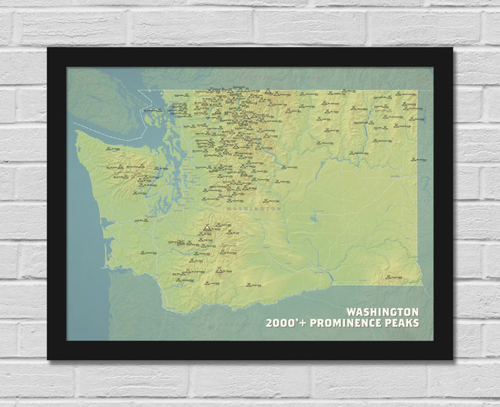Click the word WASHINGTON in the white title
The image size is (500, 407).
pos(382,312)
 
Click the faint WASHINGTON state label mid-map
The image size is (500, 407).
pos(253,208)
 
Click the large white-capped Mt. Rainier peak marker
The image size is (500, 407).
pos(207,228)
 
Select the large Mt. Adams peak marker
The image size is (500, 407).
pos(218,269)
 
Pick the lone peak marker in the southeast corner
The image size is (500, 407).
pos(389,277)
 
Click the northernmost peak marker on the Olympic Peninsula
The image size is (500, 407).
pos(124,149)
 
